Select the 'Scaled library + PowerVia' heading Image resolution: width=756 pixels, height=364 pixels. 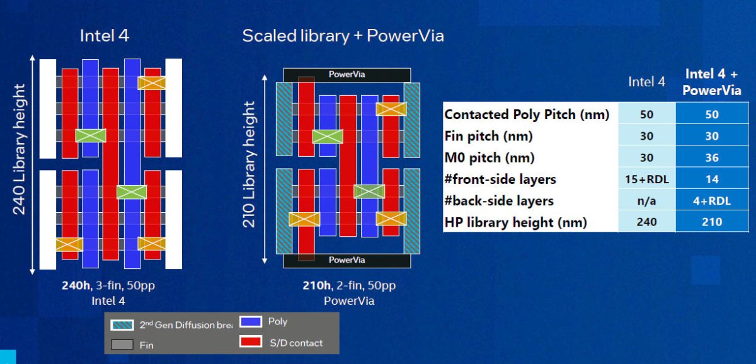click(x=343, y=36)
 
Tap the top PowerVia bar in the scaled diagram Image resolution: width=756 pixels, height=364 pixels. click(x=347, y=74)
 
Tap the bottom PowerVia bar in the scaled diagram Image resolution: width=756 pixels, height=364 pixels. click(x=347, y=260)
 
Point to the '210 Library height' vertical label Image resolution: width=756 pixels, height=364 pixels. click(x=250, y=166)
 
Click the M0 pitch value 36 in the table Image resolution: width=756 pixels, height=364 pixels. click(x=712, y=157)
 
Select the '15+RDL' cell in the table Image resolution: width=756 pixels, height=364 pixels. click(x=646, y=179)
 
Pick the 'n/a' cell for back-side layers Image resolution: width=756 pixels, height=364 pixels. click(x=646, y=201)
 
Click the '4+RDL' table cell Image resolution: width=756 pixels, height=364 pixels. click(x=712, y=201)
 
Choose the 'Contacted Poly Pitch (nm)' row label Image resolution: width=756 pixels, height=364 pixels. click(x=527, y=115)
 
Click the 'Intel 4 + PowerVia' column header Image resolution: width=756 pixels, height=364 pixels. click(x=713, y=82)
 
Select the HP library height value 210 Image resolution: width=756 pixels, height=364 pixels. click(x=712, y=222)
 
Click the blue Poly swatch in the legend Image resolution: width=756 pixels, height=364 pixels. click(x=251, y=322)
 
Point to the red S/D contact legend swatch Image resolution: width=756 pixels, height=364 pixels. click(x=251, y=343)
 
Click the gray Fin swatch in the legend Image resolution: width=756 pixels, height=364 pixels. click(x=122, y=344)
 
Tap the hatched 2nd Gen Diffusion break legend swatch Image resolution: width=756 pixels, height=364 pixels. click(x=122, y=325)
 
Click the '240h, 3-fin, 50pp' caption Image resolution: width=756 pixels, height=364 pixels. click(x=108, y=285)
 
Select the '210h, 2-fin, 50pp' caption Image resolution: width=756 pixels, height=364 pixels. click(x=349, y=285)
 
